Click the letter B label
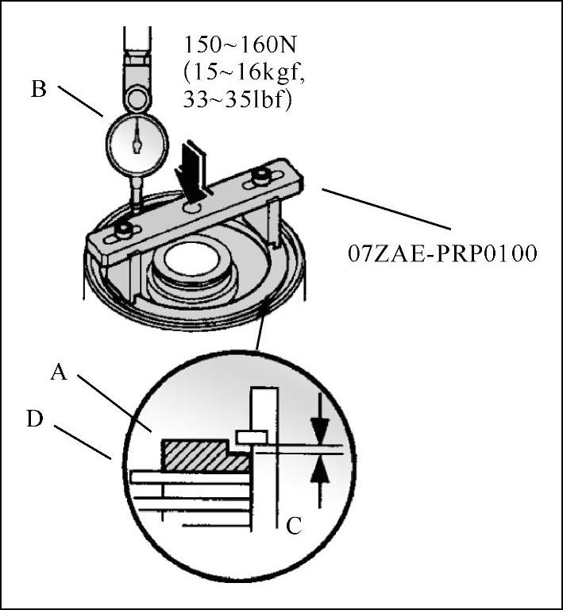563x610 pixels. (x=38, y=89)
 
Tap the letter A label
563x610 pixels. (x=59, y=372)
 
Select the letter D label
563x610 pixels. (x=35, y=419)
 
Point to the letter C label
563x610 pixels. (x=294, y=527)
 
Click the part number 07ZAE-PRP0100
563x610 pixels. (x=442, y=253)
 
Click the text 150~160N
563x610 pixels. (x=240, y=44)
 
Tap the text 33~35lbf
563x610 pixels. (x=237, y=100)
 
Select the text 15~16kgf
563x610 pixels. (x=244, y=72)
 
